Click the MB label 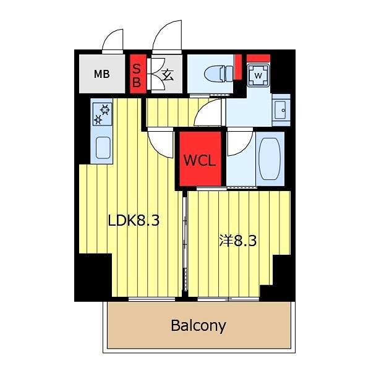click(101, 75)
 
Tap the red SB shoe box click(137, 75)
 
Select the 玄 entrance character click(167, 75)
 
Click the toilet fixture click(211, 73)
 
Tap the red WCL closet click(199, 160)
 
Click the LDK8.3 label click(134, 221)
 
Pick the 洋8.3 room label click(237, 241)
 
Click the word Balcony click(198, 325)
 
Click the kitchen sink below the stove click(103, 147)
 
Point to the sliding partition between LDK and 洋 click(184, 241)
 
